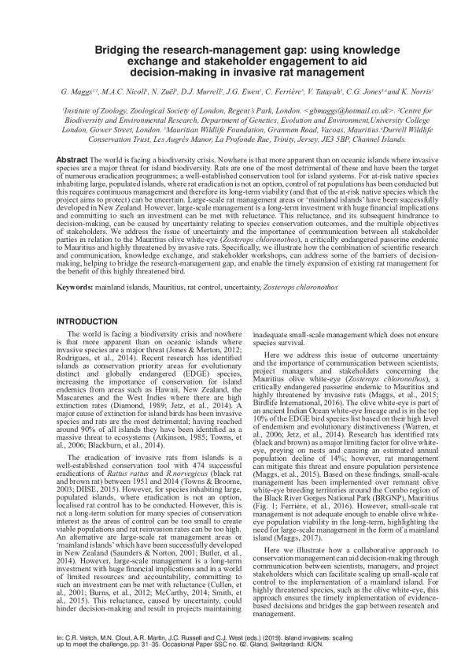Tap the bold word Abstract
[72, 159]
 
